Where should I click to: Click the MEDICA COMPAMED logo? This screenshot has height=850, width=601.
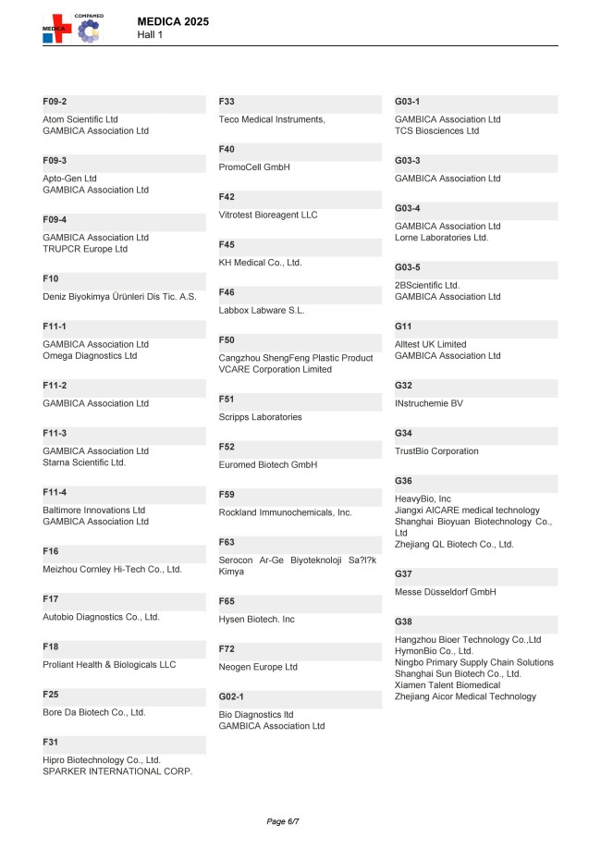[x=72, y=28]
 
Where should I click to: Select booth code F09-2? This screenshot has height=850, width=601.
[x=55, y=101]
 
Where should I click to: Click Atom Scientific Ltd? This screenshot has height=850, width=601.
[x=80, y=119]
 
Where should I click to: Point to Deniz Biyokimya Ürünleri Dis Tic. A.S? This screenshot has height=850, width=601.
[x=119, y=297]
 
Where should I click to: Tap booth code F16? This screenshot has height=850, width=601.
[x=51, y=551]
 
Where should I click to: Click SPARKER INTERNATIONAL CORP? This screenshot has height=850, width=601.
[x=117, y=771]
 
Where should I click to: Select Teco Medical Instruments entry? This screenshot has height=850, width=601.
[x=272, y=119]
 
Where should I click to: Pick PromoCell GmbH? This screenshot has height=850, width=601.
[x=254, y=167]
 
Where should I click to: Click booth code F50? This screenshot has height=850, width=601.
[x=227, y=340]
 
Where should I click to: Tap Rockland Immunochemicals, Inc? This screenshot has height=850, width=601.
[x=285, y=512]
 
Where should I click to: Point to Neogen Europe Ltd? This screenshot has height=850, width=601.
[x=258, y=667]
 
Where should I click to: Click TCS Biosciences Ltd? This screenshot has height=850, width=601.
[x=436, y=131]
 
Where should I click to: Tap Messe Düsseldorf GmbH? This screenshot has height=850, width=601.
[x=446, y=592]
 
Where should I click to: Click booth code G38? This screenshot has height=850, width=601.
[x=403, y=622]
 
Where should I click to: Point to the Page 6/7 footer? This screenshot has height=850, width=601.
[x=283, y=821]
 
